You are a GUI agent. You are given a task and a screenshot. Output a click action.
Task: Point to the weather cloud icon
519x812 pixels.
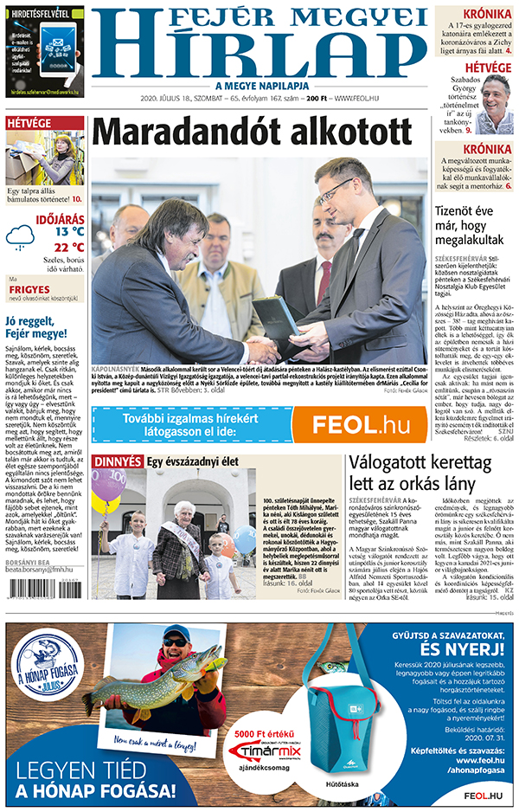tap(21, 236)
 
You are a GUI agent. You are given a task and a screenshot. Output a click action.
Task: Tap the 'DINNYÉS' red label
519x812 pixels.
tap(117, 461)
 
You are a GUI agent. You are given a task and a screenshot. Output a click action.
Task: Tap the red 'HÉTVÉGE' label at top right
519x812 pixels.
tap(488, 68)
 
